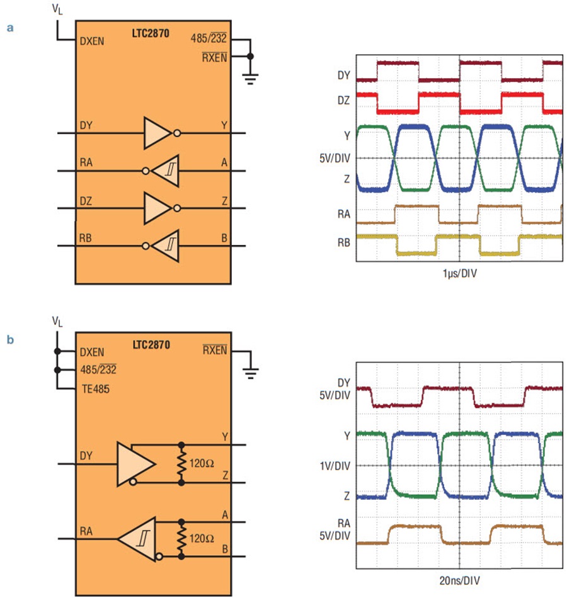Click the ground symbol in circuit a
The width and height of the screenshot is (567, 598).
pyautogui.click(x=250, y=79)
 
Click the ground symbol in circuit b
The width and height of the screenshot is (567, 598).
pyautogui.click(x=251, y=373)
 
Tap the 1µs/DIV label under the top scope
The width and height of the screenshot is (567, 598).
pyautogui.click(x=460, y=273)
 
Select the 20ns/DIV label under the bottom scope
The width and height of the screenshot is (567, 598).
pyautogui.click(x=459, y=580)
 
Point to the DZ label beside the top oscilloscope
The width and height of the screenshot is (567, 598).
pyautogui.click(x=343, y=100)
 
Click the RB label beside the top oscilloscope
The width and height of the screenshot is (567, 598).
pyautogui.click(x=343, y=242)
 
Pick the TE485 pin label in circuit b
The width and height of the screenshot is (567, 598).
pyautogui.click(x=96, y=389)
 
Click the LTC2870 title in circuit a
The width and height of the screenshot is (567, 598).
pyautogui.click(x=151, y=33)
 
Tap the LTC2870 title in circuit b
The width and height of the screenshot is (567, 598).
pyautogui.click(x=151, y=345)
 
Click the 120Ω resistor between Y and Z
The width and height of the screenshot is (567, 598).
pyautogui.click(x=181, y=464)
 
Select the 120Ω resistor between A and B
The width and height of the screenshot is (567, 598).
pyautogui.click(x=181, y=539)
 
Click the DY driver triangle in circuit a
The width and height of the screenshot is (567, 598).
pyautogui.click(x=157, y=133)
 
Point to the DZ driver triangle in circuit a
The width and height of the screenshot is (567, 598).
pyautogui.click(x=157, y=208)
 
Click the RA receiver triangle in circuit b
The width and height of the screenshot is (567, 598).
pyautogui.click(x=137, y=539)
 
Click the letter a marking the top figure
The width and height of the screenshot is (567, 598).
pyautogui.click(x=10, y=28)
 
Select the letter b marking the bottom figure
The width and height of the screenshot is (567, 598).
pyautogui.click(x=10, y=339)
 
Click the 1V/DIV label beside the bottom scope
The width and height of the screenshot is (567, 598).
pyautogui.click(x=335, y=466)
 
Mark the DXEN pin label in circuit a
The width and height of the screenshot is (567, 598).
pyautogui.click(x=91, y=41)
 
